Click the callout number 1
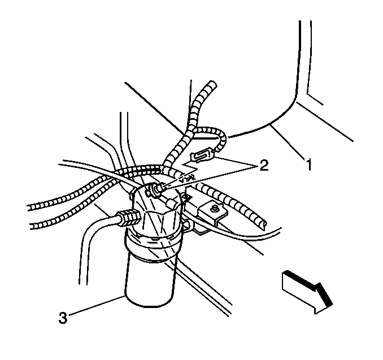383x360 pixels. pos(309,164)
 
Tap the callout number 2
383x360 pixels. pos(264,165)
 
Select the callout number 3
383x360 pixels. pos(63,318)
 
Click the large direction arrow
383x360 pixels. pos(307,292)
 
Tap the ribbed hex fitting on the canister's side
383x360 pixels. pos(129,217)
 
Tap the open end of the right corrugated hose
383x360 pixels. pos(263,225)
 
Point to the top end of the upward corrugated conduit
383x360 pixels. pos(212,84)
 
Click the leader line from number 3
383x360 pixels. pos(97,306)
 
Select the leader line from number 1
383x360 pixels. pos(288,142)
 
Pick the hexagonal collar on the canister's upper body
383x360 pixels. pos(156,219)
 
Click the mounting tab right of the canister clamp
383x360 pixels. pos(187,224)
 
